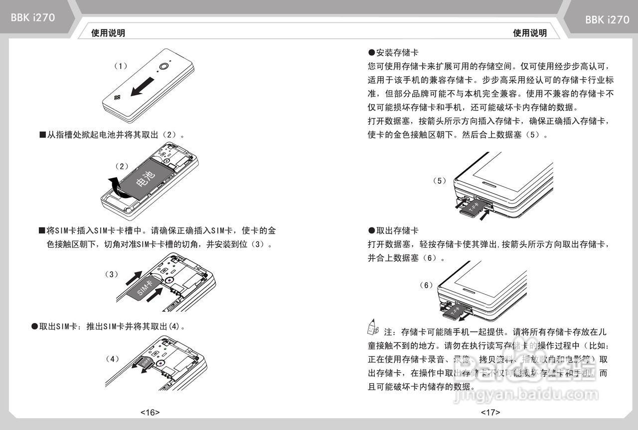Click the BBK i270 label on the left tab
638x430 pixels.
point(33,18)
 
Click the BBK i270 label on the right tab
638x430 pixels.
point(607,20)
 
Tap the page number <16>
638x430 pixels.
point(150,412)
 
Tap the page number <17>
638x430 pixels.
point(490,412)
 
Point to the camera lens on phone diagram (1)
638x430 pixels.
point(164,67)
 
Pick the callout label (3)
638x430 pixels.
point(112,274)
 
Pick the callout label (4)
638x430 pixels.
point(113,359)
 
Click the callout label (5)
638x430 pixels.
point(440,181)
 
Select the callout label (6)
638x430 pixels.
point(427,285)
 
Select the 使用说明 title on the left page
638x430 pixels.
point(108,33)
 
